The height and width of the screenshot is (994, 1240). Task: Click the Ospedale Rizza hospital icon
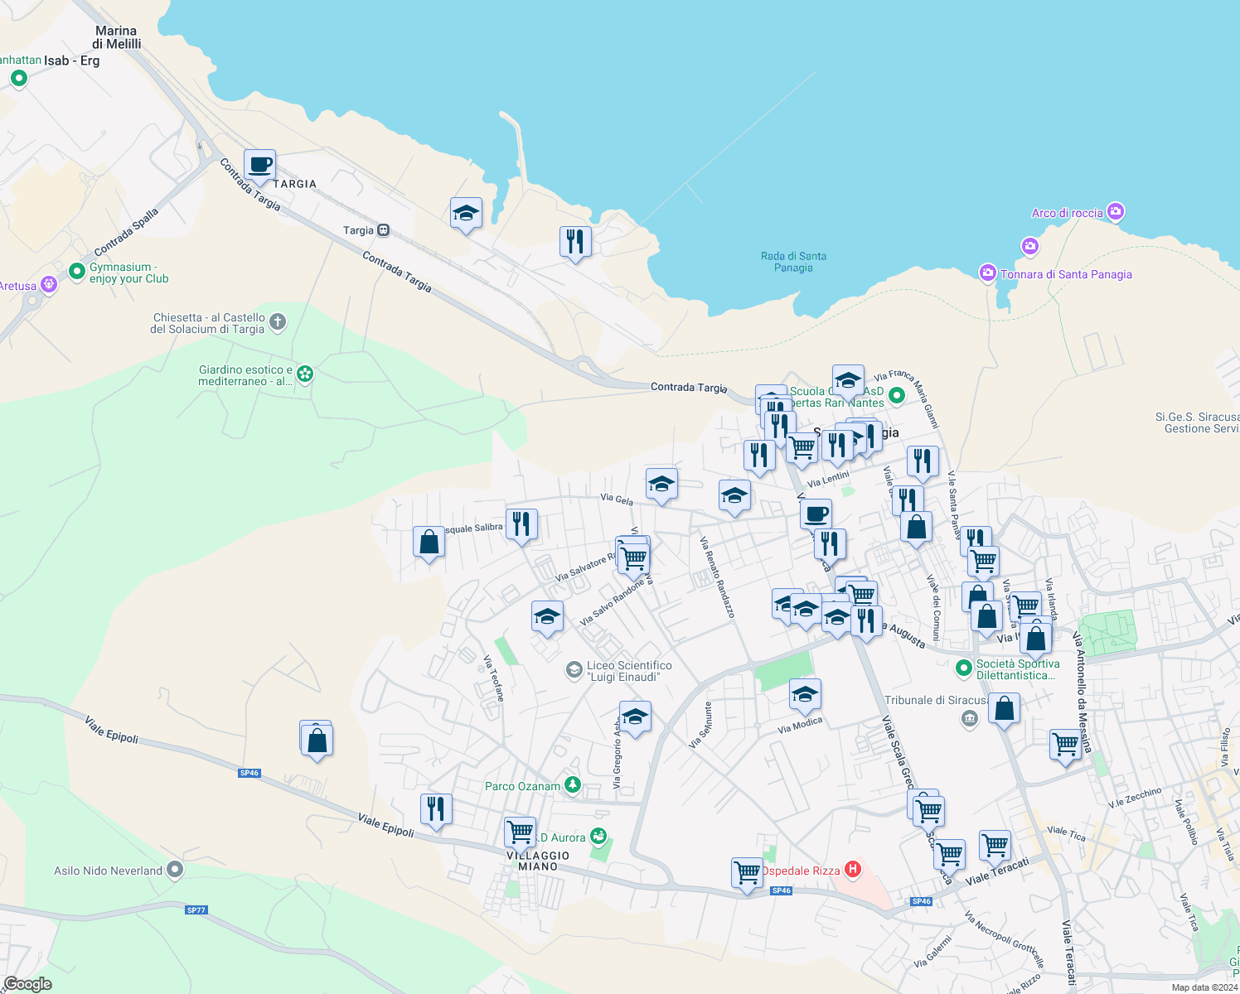point(852,870)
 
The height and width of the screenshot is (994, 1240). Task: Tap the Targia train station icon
point(383,230)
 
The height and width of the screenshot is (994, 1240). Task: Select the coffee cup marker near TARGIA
point(259,166)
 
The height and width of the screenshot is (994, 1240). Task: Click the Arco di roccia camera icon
point(1116,212)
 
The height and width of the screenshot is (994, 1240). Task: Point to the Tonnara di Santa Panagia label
point(1066,274)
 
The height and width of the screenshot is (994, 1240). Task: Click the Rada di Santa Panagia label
point(793,262)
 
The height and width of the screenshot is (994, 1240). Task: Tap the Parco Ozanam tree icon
point(572,785)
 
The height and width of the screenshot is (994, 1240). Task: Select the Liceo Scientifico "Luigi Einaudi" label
point(629,671)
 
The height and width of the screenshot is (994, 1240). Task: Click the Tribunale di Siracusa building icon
point(968,717)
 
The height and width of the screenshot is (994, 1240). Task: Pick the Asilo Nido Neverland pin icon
point(174,870)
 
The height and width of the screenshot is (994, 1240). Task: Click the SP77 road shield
point(196,910)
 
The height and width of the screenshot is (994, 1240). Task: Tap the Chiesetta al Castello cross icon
point(277,322)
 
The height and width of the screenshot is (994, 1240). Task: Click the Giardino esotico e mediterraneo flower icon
point(305,374)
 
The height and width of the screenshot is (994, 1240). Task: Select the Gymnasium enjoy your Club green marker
point(77,271)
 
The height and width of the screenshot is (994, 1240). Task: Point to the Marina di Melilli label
point(116,37)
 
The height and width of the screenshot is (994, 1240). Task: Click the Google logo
point(28,984)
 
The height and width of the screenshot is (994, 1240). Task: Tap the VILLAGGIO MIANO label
point(538,861)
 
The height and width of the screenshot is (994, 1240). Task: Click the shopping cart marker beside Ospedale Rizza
point(747,873)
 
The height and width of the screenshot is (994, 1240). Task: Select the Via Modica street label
point(800,725)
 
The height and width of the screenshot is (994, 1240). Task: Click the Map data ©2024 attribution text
point(1204,987)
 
